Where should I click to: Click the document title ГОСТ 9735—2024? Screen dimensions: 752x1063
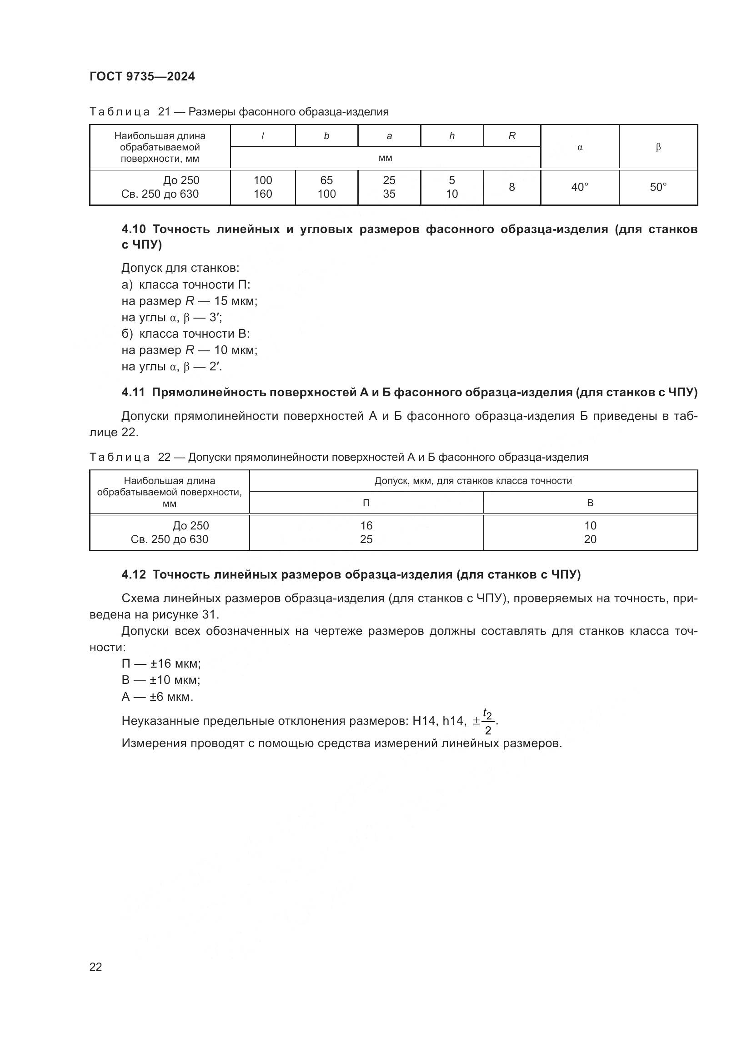(x=142, y=76)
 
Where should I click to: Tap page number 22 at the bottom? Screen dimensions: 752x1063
(x=96, y=967)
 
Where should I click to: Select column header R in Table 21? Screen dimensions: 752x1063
(x=511, y=135)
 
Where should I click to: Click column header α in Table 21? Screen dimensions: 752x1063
(x=580, y=147)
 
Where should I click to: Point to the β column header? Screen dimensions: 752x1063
(x=658, y=147)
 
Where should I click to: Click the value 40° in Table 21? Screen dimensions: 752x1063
(x=580, y=187)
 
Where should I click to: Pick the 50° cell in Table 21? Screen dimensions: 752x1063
(x=658, y=187)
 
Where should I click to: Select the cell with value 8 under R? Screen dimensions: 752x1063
(x=511, y=187)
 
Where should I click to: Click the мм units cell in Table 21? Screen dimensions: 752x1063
(x=385, y=158)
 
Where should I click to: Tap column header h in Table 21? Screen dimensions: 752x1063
(x=452, y=135)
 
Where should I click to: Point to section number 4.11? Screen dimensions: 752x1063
(x=133, y=393)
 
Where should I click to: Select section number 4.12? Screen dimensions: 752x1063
(x=134, y=574)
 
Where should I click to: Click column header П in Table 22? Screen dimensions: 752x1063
(x=366, y=503)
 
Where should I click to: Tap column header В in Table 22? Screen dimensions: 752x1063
(x=590, y=503)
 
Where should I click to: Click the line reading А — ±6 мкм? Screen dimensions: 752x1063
(x=157, y=696)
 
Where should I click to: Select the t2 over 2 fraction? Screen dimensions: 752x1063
(x=487, y=721)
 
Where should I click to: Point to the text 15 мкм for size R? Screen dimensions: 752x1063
(x=235, y=301)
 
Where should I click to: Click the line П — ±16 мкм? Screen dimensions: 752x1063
(x=161, y=664)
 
